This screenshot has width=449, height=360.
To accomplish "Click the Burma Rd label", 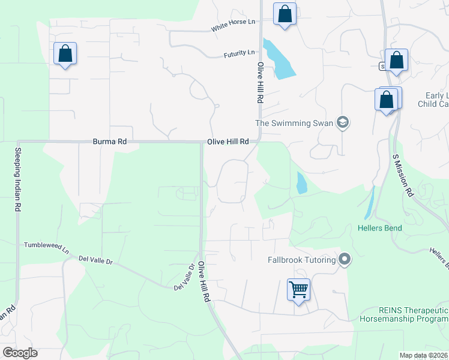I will click(x=110, y=142).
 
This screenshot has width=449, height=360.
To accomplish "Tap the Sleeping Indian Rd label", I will click(x=18, y=179).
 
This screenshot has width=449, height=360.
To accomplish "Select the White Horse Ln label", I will click(x=233, y=25).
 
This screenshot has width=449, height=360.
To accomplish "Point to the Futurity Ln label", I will click(x=239, y=53).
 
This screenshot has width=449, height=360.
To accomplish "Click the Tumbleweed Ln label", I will click(x=46, y=245).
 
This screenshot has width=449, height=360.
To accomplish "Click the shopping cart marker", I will click(x=298, y=290).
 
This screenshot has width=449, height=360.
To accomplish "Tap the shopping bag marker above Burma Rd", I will click(x=65, y=54).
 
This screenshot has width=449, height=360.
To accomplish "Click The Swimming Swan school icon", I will click(x=343, y=123).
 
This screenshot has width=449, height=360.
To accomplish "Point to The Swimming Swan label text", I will click(x=294, y=123).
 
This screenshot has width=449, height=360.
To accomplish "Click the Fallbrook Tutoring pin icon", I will click(x=345, y=260).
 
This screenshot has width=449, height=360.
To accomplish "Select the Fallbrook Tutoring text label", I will click(x=300, y=260).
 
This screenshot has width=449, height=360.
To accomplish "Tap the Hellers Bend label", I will click(x=379, y=228).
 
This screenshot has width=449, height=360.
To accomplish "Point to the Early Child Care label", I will click(x=436, y=100).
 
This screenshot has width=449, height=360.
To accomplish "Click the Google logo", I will click(x=20, y=353).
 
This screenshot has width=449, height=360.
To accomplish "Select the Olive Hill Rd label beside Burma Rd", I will click(x=228, y=142).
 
